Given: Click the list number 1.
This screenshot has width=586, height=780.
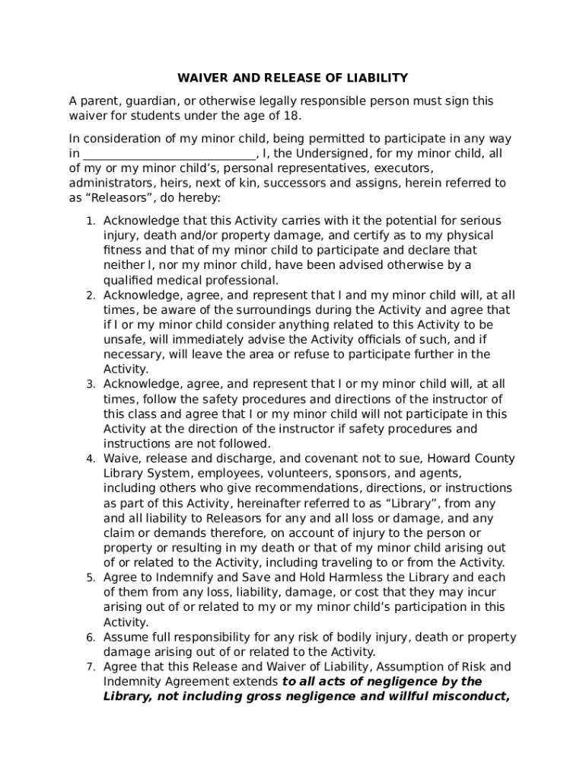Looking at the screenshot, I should coord(90,221).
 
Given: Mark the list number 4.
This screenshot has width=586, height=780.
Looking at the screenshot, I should coord(90,459).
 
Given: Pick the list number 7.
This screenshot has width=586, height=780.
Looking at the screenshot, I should coord(90,667).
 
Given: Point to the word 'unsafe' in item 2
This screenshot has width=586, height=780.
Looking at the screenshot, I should coord(121,340).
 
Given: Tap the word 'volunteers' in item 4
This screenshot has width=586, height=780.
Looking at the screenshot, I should coord(263,473).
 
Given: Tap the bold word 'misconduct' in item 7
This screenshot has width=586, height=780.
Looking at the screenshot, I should coord(469,696).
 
